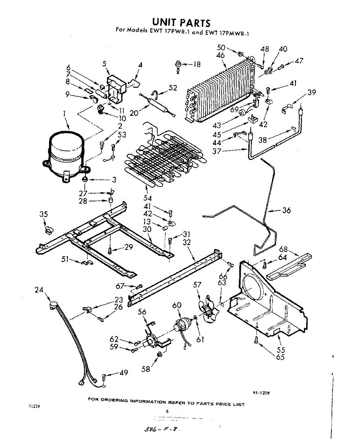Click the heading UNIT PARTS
182,23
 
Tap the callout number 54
147,198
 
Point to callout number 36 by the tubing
286,210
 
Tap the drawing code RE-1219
262,393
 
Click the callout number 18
197,65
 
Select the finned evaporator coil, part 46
219,93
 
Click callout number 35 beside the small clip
43,214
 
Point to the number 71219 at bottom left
34,406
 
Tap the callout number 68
283,249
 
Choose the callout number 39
312,92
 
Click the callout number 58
146,369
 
